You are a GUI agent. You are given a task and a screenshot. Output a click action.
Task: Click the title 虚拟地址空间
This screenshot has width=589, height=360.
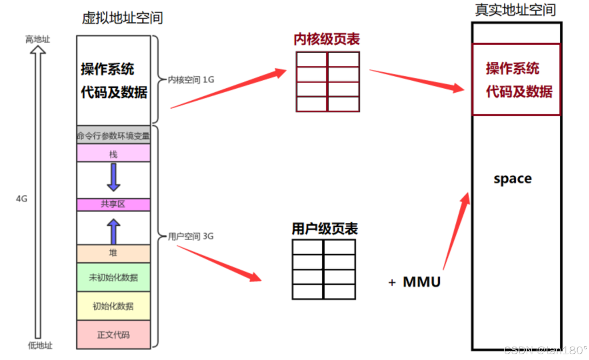click(122, 18)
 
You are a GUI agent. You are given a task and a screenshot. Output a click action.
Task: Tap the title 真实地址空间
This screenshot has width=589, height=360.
click(515, 10)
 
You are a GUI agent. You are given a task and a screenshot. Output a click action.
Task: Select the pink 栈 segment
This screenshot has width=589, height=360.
click(113, 154)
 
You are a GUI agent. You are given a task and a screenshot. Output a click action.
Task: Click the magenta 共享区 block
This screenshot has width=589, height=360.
click(113, 205)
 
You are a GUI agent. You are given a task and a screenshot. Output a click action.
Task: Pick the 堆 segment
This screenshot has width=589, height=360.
click(113, 253)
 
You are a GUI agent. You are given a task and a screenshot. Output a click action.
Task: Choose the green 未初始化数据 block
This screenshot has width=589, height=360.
click(113, 277)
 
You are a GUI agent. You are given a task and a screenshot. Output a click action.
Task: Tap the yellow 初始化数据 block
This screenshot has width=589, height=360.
click(113, 306)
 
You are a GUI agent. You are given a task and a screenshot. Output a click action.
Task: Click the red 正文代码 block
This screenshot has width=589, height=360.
click(113, 334)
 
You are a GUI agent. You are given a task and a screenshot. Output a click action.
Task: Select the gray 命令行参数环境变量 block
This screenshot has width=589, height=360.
click(113, 135)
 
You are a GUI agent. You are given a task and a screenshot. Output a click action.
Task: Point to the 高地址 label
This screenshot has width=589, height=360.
click(38, 40)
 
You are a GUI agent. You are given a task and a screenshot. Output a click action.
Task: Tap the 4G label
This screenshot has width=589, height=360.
click(22, 199)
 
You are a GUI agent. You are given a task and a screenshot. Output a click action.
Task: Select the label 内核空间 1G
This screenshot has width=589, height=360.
click(191, 80)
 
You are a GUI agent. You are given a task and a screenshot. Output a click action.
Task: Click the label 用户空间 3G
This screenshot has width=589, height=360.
click(191, 236)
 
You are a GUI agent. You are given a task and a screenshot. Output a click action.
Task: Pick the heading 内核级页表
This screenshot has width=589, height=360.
click(326, 40)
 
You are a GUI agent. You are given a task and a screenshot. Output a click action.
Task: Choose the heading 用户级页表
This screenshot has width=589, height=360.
click(325, 229)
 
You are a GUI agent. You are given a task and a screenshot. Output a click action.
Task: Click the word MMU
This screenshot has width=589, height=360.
click(422, 282)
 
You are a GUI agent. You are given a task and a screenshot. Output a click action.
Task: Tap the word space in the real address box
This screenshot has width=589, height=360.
click(513, 179)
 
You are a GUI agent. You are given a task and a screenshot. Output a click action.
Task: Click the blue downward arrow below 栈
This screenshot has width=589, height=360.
click(113, 177)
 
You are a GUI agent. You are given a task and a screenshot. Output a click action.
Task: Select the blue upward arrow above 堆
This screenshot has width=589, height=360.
click(114, 231)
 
